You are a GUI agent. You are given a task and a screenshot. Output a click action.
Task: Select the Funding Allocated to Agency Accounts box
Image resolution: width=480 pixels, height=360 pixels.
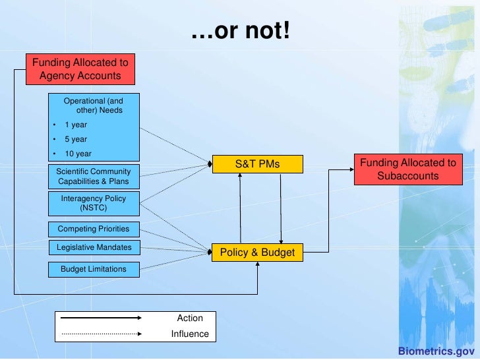[x=80, y=69]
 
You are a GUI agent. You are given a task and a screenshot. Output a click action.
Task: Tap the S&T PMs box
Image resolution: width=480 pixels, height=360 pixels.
[x=257, y=164]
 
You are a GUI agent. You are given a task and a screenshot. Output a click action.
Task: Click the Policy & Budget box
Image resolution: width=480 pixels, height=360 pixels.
[x=257, y=253]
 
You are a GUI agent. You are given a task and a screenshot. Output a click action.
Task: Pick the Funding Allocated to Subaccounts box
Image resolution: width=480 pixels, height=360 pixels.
[x=407, y=169]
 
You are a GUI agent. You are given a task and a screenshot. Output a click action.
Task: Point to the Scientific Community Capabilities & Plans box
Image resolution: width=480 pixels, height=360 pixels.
[x=94, y=177]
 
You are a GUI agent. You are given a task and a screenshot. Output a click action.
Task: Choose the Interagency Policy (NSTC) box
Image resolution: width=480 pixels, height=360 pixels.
[x=94, y=202]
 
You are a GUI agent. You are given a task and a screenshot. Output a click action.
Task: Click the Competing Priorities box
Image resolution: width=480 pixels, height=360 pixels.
[x=94, y=229]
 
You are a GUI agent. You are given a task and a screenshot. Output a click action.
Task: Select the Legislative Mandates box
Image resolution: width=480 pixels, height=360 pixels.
[x=94, y=247]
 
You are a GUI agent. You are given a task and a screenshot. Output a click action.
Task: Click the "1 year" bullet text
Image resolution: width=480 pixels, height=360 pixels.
[x=75, y=125]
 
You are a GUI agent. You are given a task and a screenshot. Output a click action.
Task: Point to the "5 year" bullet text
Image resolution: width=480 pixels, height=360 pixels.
[x=75, y=139]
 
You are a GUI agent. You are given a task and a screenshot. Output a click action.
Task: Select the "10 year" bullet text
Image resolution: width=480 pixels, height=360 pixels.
[x=78, y=154]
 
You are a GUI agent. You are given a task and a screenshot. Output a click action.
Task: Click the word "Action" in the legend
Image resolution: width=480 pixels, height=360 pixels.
[x=190, y=318]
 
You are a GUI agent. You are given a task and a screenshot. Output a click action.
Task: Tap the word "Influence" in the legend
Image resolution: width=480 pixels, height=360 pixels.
[x=190, y=334]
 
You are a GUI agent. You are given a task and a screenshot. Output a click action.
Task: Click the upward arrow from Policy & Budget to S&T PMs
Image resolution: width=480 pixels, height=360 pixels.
[x=241, y=208]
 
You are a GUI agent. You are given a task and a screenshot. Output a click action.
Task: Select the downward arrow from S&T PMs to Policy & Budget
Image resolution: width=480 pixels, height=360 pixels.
[x=281, y=208]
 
